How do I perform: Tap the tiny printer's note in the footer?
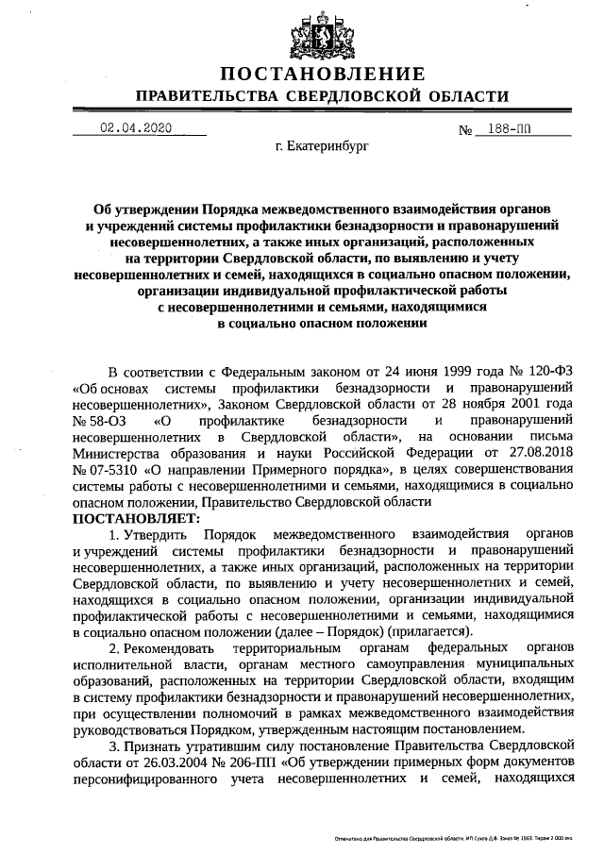pos(462,838)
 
